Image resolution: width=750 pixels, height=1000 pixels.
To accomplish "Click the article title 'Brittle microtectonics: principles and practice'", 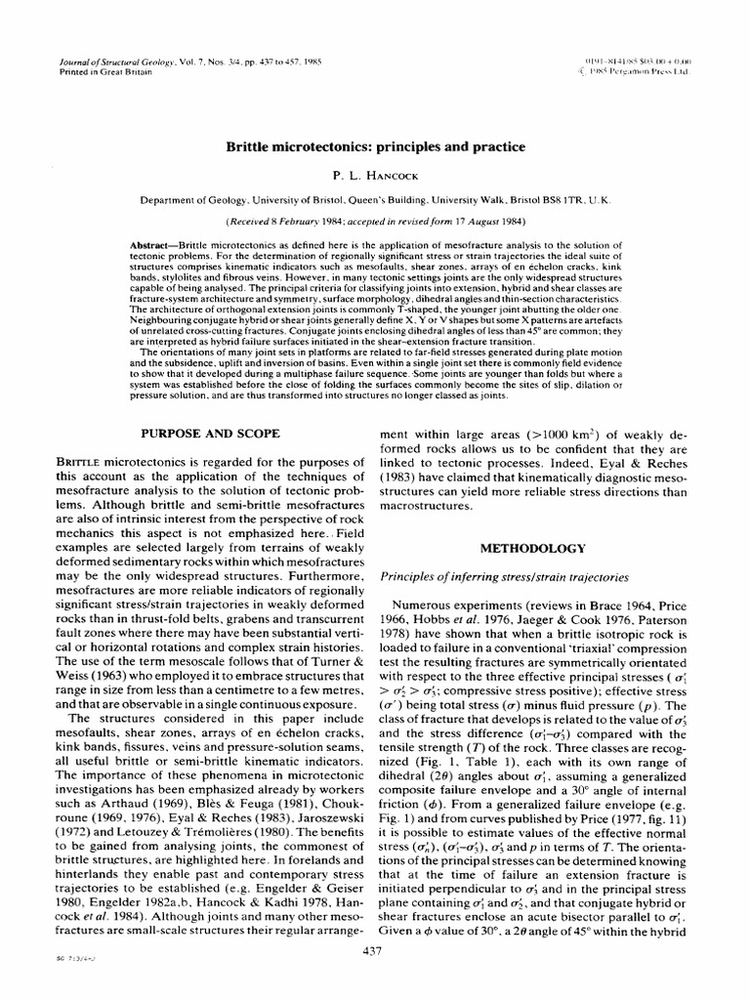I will [x=376, y=146].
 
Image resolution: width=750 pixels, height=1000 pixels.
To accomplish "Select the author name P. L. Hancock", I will [x=375, y=175].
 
